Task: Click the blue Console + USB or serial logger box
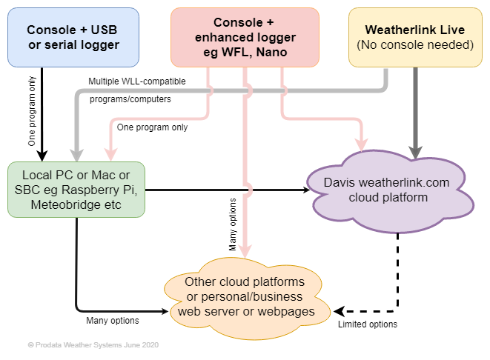coord(73,36)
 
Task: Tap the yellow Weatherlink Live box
coord(415,36)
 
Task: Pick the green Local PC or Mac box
coord(76,190)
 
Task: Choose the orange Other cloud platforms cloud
coord(245,296)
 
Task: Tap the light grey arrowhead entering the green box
coord(77,153)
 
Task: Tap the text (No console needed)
coord(415,44)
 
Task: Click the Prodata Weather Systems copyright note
coord(93,345)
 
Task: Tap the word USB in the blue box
coord(104,30)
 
